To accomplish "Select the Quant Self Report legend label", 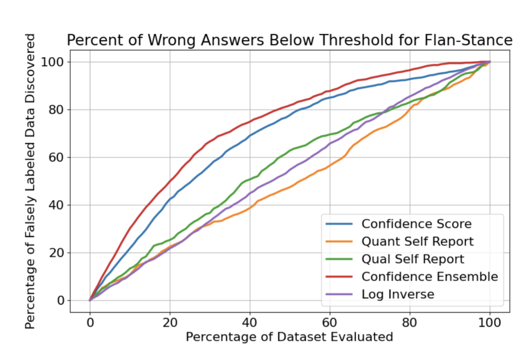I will [x=417, y=241].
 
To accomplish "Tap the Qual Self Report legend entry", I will [x=413, y=259].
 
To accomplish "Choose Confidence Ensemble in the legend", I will [x=429, y=276].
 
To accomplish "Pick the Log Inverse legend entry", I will [x=398, y=294].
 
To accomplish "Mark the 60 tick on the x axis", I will [x=330, y=322].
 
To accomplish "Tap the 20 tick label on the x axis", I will [x=170, y=322].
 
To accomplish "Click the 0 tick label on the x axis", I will [x=90, y=322].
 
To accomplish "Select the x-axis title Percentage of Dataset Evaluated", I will [x=290, y=337].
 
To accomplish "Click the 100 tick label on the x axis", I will [x=490, y=322].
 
